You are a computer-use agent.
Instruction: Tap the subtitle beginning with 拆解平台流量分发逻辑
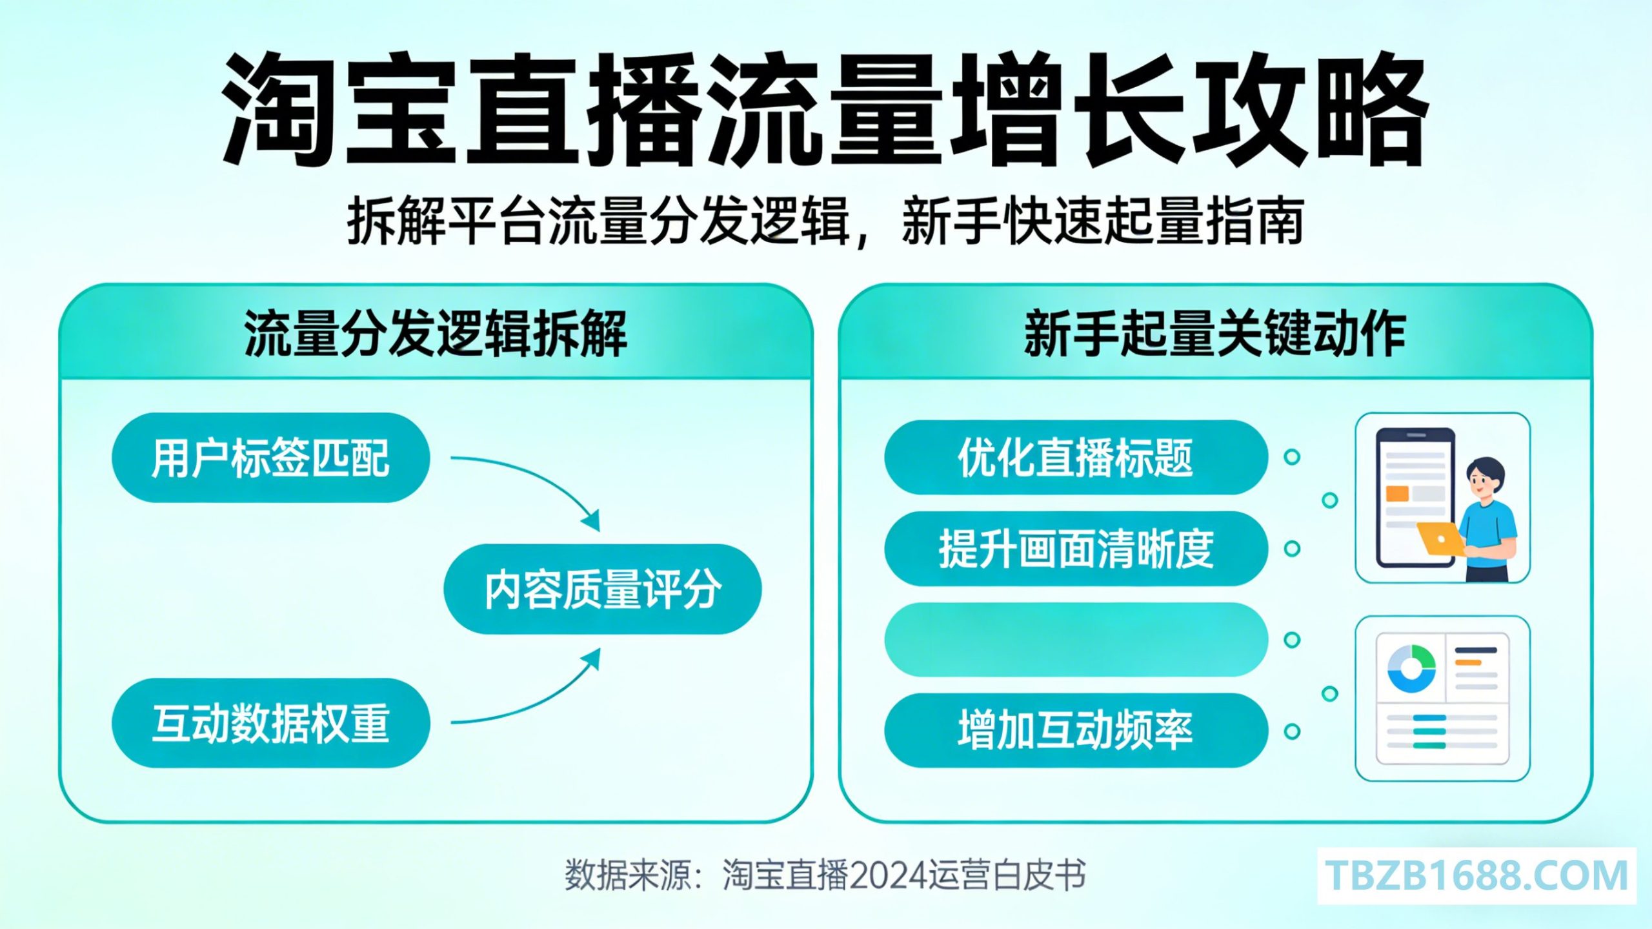(825, 221)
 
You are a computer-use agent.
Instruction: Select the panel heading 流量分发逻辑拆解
(436, 334)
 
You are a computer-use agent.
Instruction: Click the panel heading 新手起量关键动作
(1215, 334)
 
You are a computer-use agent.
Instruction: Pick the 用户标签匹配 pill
(270, 458)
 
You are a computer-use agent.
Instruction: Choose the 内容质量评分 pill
(603, 589)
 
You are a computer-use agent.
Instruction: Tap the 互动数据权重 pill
(270, 723)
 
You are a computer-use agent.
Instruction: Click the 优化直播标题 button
(1076, 457)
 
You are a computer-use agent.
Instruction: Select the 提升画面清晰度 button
(1076, 549)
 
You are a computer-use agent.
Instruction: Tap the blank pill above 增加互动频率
(1076, 640)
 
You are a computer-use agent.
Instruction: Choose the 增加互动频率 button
(1076, 731)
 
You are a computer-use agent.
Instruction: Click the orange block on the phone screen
(1397, 494)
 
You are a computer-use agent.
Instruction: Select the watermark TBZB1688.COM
(1477, 876)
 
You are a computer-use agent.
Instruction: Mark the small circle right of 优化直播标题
(1292, 457)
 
